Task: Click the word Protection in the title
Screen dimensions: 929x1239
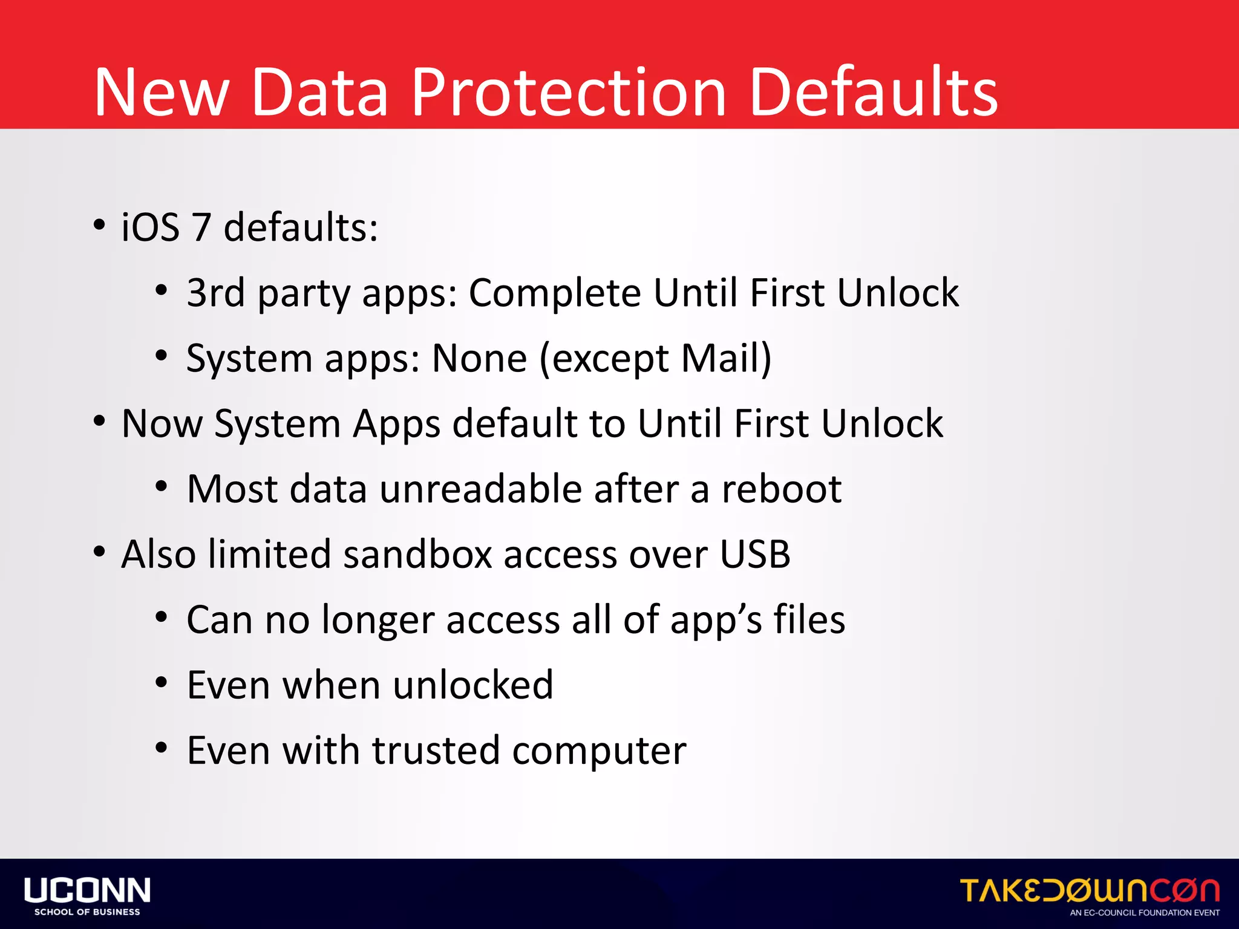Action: click(569, 92)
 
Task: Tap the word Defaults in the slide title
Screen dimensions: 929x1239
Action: click(874, 92)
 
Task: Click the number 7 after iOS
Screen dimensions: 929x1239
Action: click(201, 227)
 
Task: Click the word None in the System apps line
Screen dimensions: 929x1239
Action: click(479, 358)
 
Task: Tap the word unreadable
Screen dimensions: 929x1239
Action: click(480, 489)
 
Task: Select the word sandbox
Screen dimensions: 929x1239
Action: click(417, 554)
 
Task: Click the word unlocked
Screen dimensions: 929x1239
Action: click(473, 685)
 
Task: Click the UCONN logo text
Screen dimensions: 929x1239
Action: click(87, 890)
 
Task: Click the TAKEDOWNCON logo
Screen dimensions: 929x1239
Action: click(1090, 890)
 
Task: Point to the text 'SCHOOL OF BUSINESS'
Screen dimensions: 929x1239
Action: click(87, 912)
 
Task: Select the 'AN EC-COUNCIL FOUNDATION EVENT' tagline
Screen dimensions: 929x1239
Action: click(1145, 913)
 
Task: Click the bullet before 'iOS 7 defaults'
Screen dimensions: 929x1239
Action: click(99, 226)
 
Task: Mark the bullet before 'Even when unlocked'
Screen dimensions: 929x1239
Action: click(161, 683)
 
